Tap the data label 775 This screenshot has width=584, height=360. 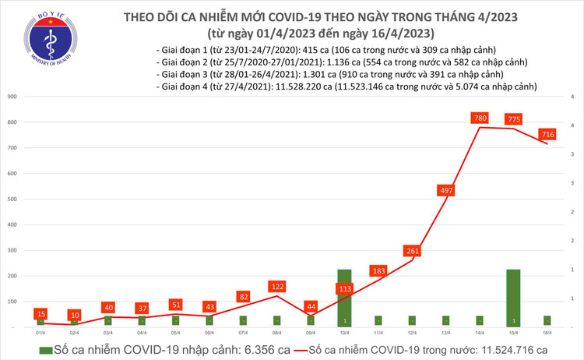click(x=513, y=118)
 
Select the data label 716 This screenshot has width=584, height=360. click(x=548, y=134)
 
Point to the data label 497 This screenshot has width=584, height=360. click(x=446, y=190)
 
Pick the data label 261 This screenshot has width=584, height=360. click(x=413, y=251)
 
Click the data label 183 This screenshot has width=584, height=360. click(x=379, y=270)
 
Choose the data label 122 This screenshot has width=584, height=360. click(x=277, y=286)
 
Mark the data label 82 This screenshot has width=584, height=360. click(x=244, y=296)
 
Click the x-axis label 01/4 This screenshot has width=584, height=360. click(x=40, y=332)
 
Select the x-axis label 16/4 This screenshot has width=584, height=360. click(x=547, y=332)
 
